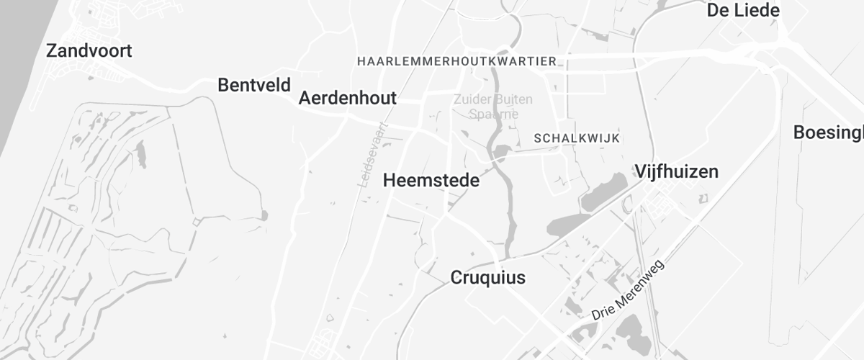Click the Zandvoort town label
pos(89,51)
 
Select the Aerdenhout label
pos(347,98)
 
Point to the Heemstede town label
pos(431,180)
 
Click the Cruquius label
pos(488,277)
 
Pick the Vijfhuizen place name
pos(676,171)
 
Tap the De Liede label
pos(744,10)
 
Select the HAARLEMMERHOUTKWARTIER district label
pos(457,62)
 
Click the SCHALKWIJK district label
pos(577,138)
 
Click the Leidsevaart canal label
pos(372,156)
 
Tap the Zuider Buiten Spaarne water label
pos(493,106)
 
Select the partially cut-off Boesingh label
pos(828,132)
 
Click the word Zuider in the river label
pos(472,99)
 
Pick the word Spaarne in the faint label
pos(493,114)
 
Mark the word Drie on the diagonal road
pos(600,312)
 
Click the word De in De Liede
pos(718,10)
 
